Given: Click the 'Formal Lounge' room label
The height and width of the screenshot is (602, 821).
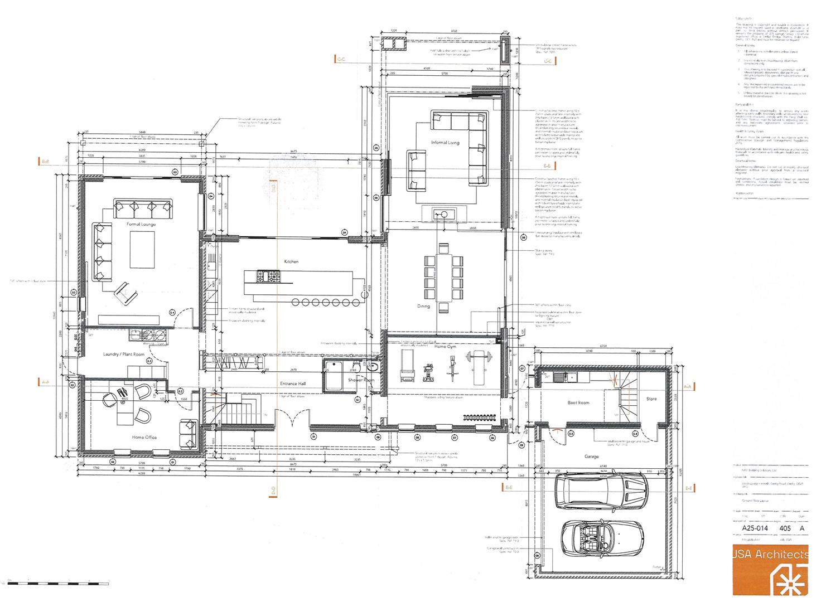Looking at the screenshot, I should click(x=141, y=224).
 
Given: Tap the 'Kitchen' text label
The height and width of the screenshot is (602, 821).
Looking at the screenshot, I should click(x=291, y=261).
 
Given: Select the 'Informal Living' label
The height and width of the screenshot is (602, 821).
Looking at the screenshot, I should click(x=445, y=143).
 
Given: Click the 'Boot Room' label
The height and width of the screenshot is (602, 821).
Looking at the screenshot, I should click(x=578, y=402).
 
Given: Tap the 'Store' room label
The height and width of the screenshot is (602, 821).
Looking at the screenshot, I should click(x=651, y=399).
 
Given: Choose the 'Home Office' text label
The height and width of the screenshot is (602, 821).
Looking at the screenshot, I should click(x=144, y=437).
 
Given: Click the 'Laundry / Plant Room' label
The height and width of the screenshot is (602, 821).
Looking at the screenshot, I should click(x=124, y=354).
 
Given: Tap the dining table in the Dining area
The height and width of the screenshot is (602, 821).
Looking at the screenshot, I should click(x=444, y=277).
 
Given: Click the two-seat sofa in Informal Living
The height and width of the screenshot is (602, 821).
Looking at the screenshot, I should click(x=416, y=170).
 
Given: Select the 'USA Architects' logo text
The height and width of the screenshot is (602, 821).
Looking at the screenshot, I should click(x=770, y=555).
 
